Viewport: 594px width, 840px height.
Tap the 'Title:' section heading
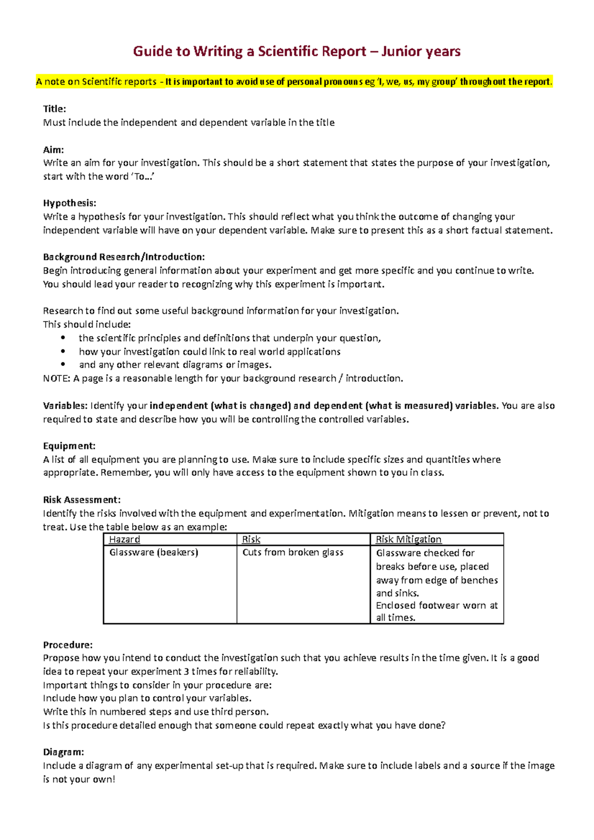(x=54, y=109)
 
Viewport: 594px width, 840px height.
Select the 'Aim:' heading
(x=53, y=149)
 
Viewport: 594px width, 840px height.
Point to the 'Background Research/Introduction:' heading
(x=124, y=257)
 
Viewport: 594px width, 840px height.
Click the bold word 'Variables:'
(x=65, y=406)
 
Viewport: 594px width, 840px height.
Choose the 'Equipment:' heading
(x=69, y=446)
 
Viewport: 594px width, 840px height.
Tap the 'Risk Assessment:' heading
(x=82, y=500)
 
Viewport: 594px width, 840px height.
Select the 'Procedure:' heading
(x=68, y=645)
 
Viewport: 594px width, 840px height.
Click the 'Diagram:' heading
(x=63, y=752)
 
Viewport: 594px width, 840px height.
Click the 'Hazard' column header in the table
(x=125, y=540)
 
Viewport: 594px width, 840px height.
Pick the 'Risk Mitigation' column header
(x=408, y=540)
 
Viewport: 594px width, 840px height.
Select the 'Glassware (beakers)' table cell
(x=153, y=553)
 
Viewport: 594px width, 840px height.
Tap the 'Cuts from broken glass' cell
(x=293, y=553)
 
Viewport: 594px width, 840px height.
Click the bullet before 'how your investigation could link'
(x=63, y=352)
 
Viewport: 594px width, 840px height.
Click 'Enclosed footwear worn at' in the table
(x=437, y=606)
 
